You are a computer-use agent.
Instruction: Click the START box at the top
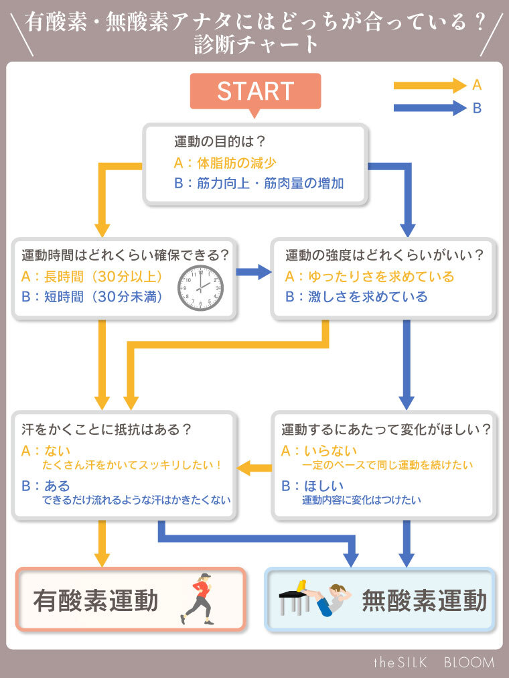click(x=255, y=91)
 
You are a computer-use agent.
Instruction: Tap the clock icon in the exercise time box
click(x=200, y=287)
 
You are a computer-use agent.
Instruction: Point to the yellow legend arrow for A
click(x=429, y=85)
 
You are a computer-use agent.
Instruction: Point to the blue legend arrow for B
click(x=429, y=108)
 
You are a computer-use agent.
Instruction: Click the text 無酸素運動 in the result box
click(x=424, y=601)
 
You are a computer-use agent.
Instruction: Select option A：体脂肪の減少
click(x=225, y=163)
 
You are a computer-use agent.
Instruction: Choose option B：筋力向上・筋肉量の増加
click(x=259, y=183)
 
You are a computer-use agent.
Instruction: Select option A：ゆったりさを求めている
click(x=370, y=277)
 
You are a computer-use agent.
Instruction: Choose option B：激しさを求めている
click(x=356, y=297)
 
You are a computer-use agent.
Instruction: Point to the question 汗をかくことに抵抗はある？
click(x=107, y=429)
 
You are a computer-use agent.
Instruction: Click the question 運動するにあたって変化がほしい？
click(x=386, y=429)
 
